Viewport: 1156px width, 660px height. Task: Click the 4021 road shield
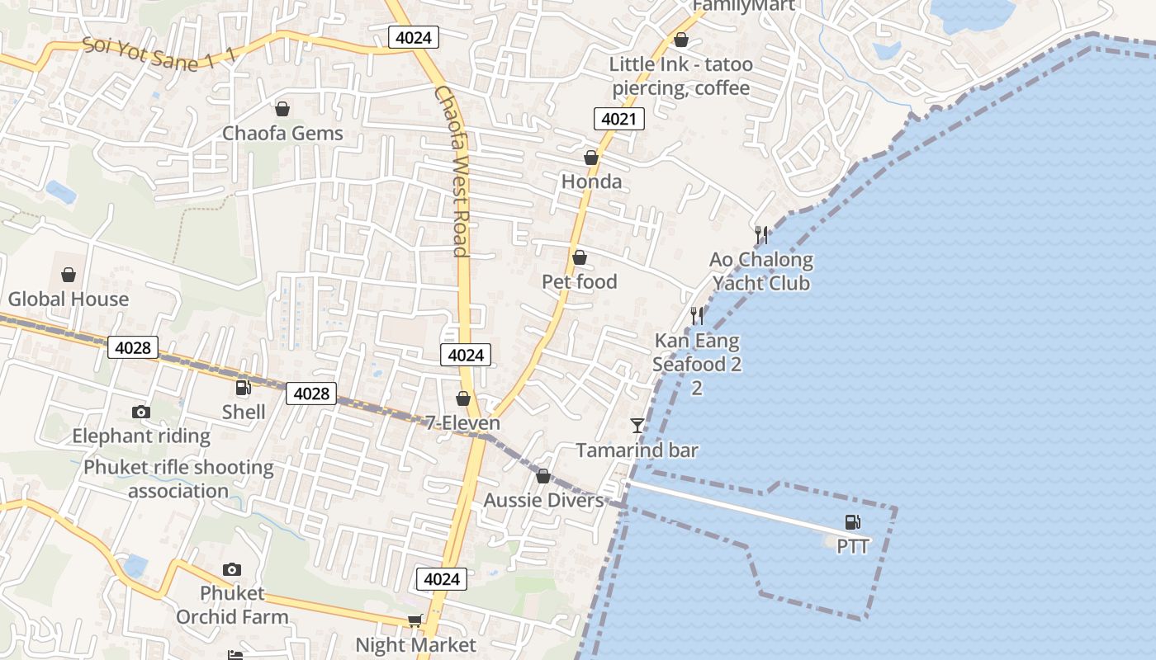618,119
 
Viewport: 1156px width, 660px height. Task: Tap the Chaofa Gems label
282,133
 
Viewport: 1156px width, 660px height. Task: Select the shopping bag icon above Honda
590,158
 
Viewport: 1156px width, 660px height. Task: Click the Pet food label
579,282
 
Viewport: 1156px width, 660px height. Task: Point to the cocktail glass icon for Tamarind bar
637,426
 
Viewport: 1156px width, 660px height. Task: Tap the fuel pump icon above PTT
852,522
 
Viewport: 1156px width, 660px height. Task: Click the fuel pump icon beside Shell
243,388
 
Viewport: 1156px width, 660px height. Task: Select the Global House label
69,299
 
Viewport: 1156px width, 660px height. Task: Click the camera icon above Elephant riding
141,412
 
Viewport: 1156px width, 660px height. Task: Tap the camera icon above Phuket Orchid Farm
232,569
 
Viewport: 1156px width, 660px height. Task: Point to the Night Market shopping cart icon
415,620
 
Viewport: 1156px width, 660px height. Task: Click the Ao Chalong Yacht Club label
761,271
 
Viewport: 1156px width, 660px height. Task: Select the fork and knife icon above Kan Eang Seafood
697,316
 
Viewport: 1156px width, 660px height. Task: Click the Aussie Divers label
543,500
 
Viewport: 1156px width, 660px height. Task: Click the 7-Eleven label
462,423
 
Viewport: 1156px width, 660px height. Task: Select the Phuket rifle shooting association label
178,478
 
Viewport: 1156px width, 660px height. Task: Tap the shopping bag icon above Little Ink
681,40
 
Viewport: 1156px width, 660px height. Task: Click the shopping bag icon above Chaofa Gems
282,109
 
